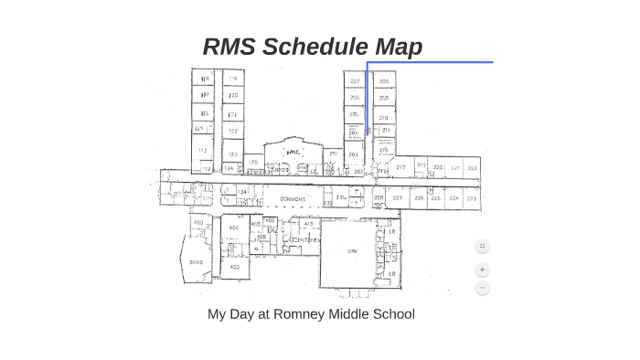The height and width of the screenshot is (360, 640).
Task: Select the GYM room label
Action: pyautogui.click(x=352, y=249)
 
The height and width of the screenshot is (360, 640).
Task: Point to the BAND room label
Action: pyautogui.click(x=197, y=261)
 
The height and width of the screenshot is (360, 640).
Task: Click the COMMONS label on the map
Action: pyautogui.click(x=293, y=198)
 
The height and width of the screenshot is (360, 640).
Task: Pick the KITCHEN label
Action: pyautogui.click(x=301, y=240)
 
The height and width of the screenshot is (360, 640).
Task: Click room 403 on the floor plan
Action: pyautogui.click(x=234, y=267)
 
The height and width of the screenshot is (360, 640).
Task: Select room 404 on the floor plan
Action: pyautogui.click(x=234, y=228)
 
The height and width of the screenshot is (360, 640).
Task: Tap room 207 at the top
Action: pyautogui.click(x=355, y=81)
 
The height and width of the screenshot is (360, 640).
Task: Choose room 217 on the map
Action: pyautogui.click(x=400, y=168)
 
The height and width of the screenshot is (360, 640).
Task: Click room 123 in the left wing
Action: pyautogui.click(x=233, y=154)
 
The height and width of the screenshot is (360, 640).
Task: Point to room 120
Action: pyautogui.click(x=233, y=95)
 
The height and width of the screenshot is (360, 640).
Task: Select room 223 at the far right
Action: pyautogui.click(x=472, y=197)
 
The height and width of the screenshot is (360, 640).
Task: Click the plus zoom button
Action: pyautogui.click(x=483, y=270)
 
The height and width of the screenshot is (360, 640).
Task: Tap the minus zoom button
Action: pyautogui.click(x=483, y=289)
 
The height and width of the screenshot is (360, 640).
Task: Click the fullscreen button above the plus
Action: pyautogui.click(x=483, y=246)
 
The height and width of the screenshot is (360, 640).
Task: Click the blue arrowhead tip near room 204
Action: pyautogui.click(x=368, y=134)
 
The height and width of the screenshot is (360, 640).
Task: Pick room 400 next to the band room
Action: pyautogui.click(x=198, y=222)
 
